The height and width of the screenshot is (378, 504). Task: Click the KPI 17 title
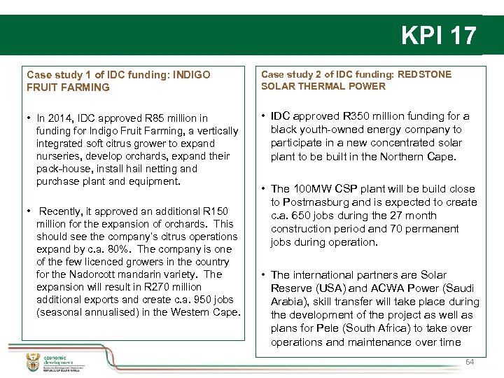439,35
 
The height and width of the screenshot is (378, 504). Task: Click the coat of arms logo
32,362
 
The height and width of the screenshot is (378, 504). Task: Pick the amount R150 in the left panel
218,211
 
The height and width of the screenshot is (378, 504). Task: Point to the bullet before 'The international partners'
263,275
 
